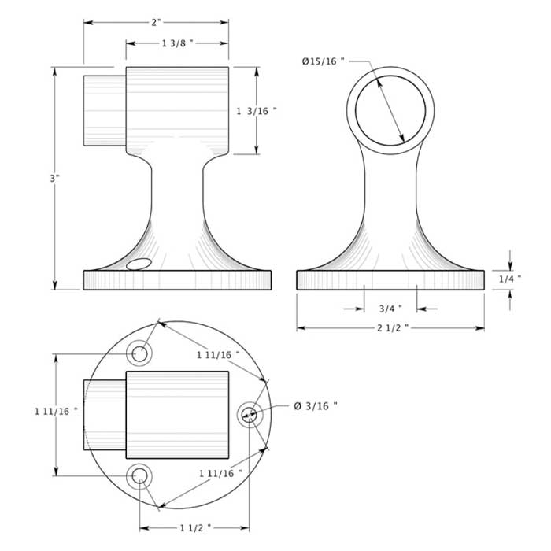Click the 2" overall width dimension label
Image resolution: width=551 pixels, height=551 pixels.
click(x=156, y=22)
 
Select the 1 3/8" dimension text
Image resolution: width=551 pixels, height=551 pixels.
click(x=177, y=43)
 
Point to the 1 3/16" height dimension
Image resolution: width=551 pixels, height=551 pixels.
click(x=257, y=111)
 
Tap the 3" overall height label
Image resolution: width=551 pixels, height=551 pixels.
click(x=54, y=178)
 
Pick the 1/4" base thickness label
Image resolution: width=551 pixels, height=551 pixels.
click(x=509, y=279)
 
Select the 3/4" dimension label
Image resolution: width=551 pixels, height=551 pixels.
click(x=390, y=308)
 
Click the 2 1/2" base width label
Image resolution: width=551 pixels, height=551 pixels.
click(x=390, y=327)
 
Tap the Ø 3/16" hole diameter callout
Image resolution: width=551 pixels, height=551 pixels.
click(x=315, y=405)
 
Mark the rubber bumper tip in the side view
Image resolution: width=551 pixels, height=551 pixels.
click(x=105, y=109)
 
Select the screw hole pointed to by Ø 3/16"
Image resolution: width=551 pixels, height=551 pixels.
click(x=250, y=413)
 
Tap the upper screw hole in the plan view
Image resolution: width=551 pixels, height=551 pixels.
click(x=141, y=353)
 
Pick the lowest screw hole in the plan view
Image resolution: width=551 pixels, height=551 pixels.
click(x=141, y=475)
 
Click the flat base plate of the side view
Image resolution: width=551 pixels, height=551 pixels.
click(x=177, y=280)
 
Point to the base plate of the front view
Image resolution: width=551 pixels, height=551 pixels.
click(x=390, y=280)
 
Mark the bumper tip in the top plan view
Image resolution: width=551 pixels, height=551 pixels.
click(x=105, y=414)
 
